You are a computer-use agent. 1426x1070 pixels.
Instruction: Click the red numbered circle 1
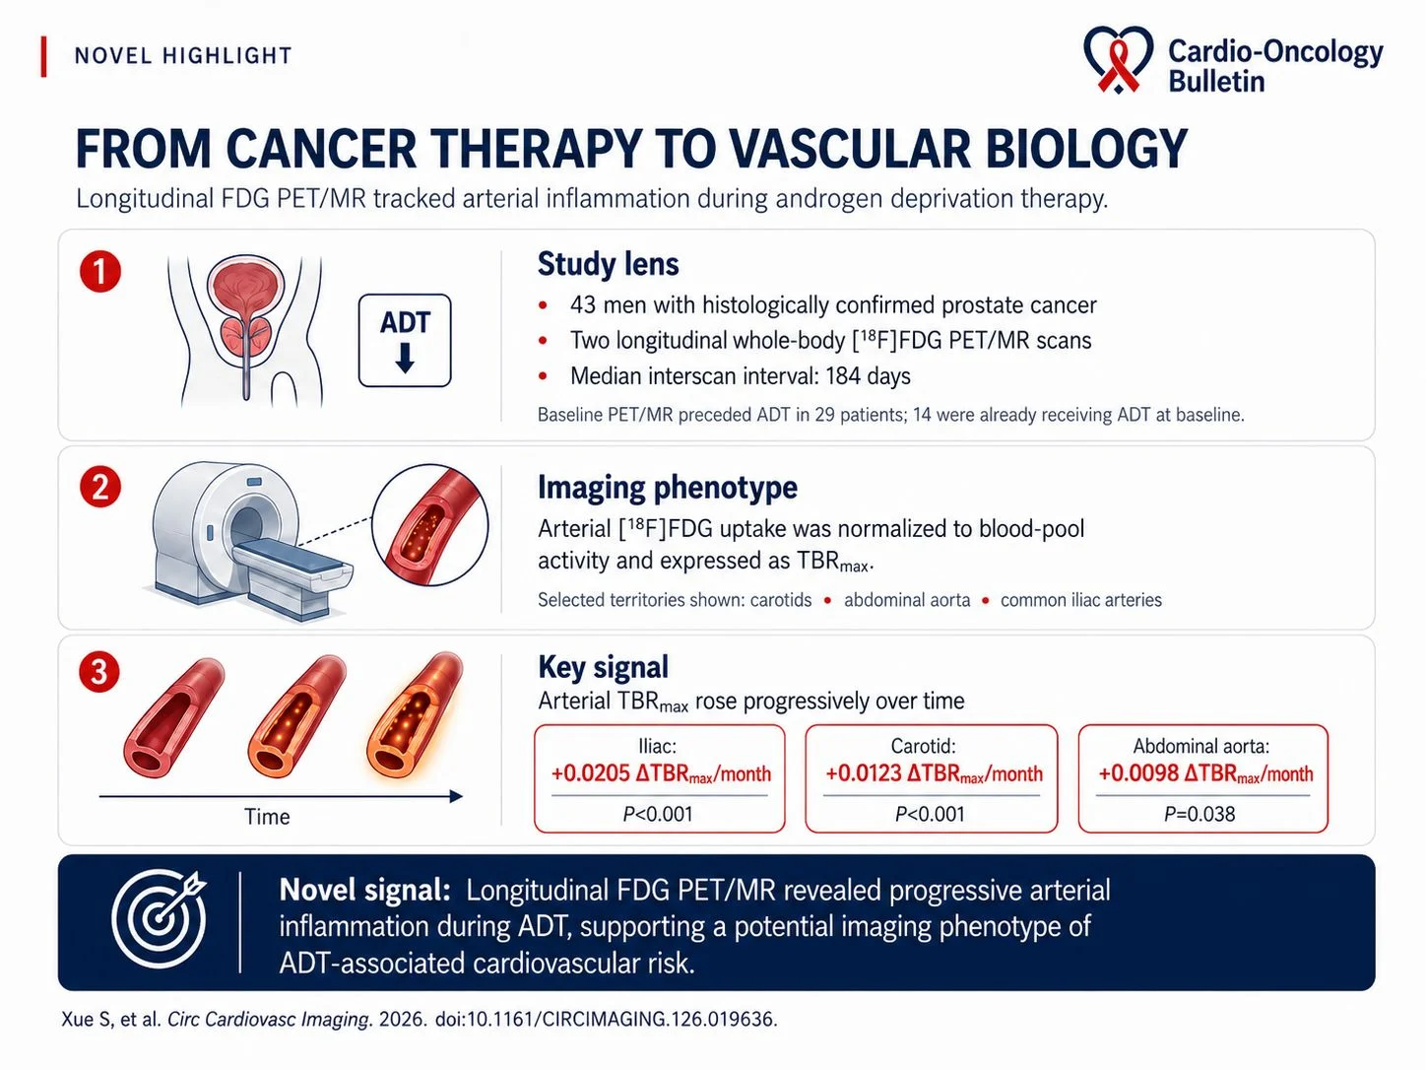100,271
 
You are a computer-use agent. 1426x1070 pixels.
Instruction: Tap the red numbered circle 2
100,487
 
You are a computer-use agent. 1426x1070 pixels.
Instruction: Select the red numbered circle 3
99,671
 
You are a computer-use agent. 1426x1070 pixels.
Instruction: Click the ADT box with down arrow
405,341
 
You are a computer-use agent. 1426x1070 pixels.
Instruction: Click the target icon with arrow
160,918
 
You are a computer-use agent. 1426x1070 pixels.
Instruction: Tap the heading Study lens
608,264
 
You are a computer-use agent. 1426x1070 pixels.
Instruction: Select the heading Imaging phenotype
667,488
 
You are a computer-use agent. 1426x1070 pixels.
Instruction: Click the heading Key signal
603,667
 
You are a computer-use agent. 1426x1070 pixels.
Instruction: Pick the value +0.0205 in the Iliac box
591,773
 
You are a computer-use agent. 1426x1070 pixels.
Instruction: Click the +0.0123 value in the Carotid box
864,773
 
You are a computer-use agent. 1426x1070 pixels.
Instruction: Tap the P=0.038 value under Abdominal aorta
1199,814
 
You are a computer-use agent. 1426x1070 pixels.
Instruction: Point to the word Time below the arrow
267,817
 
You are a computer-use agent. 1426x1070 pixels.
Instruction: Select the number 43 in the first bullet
583,304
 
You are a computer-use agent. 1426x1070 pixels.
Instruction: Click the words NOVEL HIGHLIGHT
183,56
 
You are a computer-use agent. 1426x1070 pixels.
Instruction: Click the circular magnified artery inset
430,525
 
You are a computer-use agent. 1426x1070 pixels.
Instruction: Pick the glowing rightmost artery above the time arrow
415,714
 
